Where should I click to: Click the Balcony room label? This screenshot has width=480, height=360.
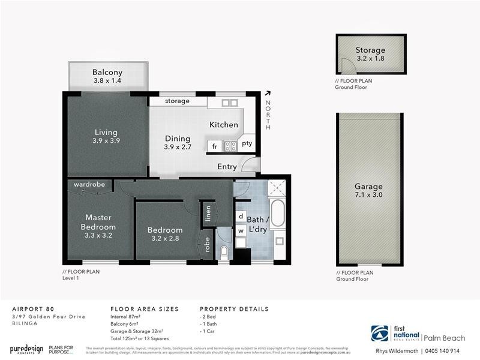107,73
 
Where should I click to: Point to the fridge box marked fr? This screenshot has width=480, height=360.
214,146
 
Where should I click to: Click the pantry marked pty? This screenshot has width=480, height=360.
247,143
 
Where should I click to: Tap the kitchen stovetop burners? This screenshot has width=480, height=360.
230,146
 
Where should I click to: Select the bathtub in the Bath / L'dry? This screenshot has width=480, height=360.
277,214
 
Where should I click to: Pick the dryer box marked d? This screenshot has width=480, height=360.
241,216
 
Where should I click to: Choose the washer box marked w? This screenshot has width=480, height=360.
241,230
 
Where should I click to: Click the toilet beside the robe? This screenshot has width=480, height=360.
223,251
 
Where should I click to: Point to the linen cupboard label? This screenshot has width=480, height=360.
208,214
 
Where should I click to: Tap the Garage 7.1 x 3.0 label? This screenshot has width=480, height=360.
369,190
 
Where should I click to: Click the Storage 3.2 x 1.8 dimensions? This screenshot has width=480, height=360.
370,59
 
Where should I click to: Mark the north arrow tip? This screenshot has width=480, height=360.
267,92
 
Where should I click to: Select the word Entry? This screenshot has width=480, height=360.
227,167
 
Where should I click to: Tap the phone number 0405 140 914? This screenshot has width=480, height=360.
443,351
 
